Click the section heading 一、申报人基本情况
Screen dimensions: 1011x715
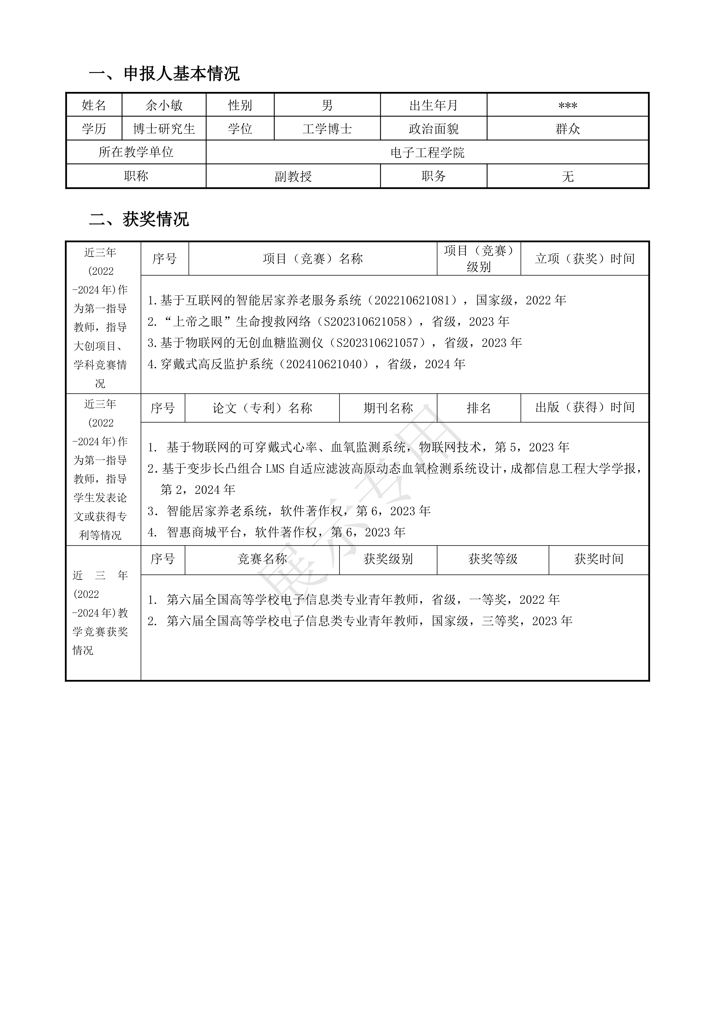(x=164, y=74)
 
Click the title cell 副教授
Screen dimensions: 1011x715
(x=293, y=177)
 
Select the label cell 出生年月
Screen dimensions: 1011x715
(x=434, y=105)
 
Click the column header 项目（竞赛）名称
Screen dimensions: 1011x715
(x=313, y=258)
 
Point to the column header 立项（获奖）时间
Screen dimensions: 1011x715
(x=585, y=258)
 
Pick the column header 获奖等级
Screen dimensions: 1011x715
(x=493, y=559)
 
